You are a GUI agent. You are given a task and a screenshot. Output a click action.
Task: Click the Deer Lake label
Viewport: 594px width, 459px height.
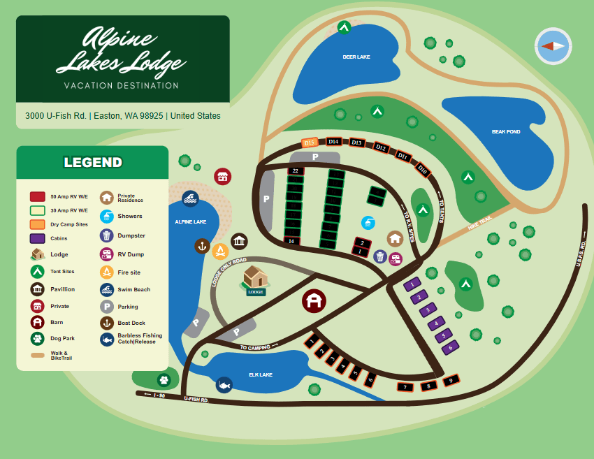point(356,57)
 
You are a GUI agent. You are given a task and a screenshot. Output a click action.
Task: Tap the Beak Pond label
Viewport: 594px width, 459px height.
point(505,131)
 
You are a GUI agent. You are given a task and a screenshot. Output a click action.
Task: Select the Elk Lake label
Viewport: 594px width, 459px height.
point(261,374)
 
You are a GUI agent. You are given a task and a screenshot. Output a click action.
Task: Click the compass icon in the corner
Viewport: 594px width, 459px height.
point(553,46)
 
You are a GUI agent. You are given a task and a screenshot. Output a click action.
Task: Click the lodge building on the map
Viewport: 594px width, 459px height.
point(255,278)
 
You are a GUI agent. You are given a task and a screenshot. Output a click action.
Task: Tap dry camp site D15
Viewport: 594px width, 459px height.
point(310,143)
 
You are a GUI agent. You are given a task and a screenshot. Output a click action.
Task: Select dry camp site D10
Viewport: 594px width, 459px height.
point(421,168)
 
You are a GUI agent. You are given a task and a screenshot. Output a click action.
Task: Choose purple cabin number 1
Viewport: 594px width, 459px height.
point(413,284)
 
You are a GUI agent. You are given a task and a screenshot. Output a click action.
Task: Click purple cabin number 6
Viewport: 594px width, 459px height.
point(451,345)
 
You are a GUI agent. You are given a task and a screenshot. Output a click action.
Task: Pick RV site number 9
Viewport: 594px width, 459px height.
point(451,380)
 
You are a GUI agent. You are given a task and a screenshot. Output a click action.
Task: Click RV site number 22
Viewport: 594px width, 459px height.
point(296,170)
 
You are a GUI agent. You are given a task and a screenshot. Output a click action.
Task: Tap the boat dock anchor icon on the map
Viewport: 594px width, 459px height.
point(202,246)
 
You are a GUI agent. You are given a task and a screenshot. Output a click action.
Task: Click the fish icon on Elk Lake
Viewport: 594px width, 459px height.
point(224,384)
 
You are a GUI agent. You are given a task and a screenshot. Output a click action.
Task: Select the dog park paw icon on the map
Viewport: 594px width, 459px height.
point(164,379)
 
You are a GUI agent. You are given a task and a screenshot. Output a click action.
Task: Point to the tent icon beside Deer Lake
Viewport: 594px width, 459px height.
point(344,27)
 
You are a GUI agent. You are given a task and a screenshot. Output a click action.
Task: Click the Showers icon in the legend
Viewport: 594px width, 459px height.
point(106,216)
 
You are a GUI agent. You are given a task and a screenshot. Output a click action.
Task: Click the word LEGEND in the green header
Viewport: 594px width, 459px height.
point(93,162)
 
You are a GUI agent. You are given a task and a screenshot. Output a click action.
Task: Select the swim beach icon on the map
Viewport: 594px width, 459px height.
point(189,198)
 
